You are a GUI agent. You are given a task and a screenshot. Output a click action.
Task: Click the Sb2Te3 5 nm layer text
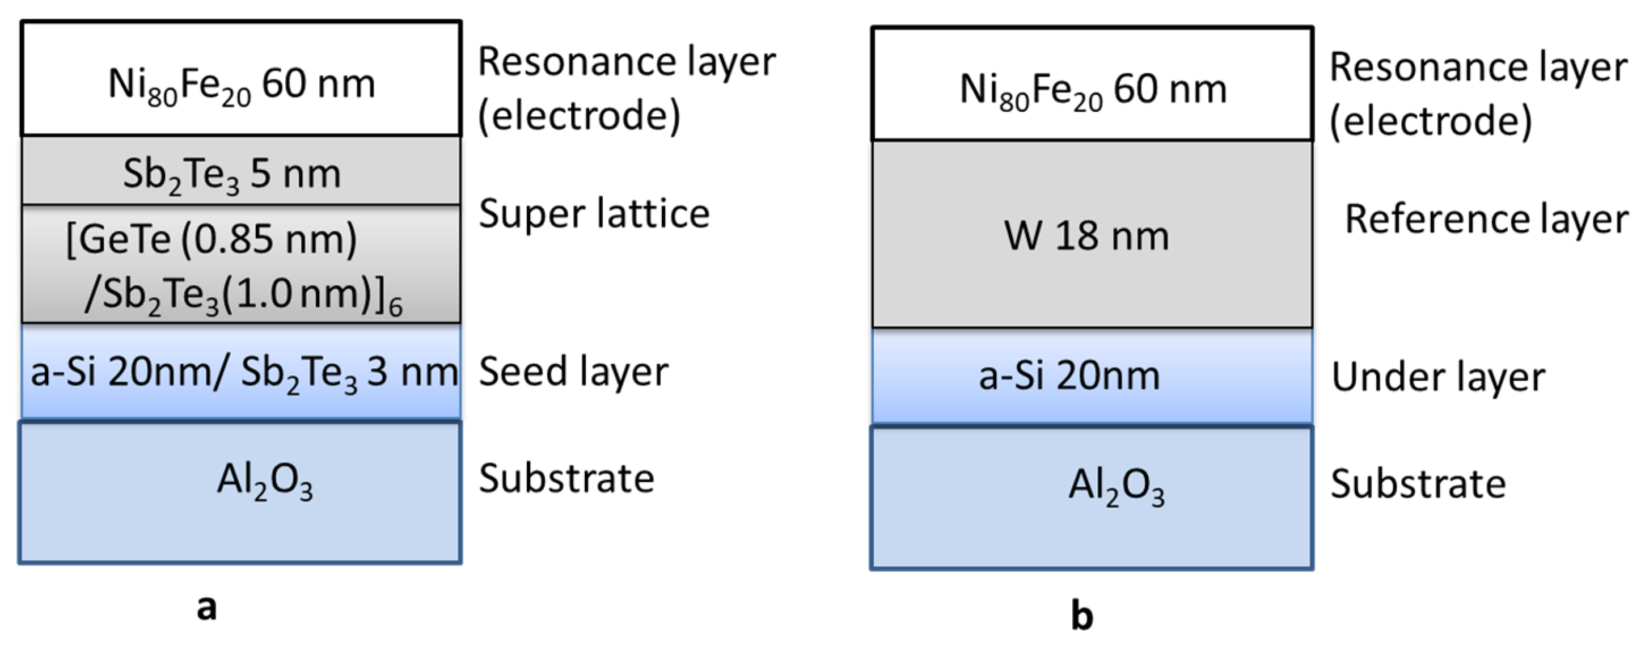(232, 174)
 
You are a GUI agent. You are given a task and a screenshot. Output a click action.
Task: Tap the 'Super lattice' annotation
(594, 213)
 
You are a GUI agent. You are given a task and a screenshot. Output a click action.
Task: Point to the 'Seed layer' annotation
(573, 372)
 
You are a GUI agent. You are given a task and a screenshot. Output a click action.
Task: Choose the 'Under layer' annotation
(1437, 377)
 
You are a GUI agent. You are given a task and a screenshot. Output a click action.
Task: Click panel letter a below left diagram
(206, 608)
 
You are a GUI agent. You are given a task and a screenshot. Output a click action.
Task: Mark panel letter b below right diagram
(1082, 616)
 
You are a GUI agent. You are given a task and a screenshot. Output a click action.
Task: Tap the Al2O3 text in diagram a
(264, 480)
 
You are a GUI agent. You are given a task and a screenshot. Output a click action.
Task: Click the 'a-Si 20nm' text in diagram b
(1069, 376)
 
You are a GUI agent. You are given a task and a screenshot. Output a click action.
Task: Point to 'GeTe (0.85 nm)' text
(212, 240)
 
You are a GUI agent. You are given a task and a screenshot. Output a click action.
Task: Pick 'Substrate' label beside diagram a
(566, 478)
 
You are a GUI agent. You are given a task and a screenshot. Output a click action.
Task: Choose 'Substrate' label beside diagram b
(1418, 483)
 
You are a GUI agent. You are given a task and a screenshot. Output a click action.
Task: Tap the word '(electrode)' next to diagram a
(578, 116)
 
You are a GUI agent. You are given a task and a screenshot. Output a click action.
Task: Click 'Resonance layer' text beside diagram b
(1478, 67)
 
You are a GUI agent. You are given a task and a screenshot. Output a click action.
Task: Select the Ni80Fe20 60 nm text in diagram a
(242, 85)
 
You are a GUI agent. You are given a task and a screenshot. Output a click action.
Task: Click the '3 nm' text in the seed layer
(412, 372)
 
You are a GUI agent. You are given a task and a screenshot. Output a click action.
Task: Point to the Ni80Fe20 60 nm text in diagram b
(1093, 90)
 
